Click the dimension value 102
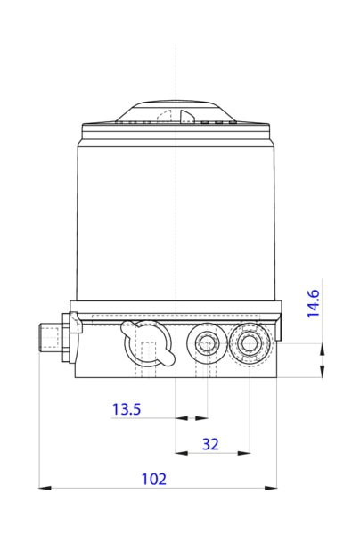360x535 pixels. (x=154, y=479)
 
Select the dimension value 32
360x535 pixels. (x=211, y=444)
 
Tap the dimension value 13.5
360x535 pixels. (x=126, y=409)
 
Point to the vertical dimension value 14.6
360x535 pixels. (x=314, y=303)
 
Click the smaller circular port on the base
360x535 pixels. (x=208, y=342)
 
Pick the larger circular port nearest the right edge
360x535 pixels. (x=249, y=342)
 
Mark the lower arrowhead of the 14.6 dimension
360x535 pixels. (x=321, y=373)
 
